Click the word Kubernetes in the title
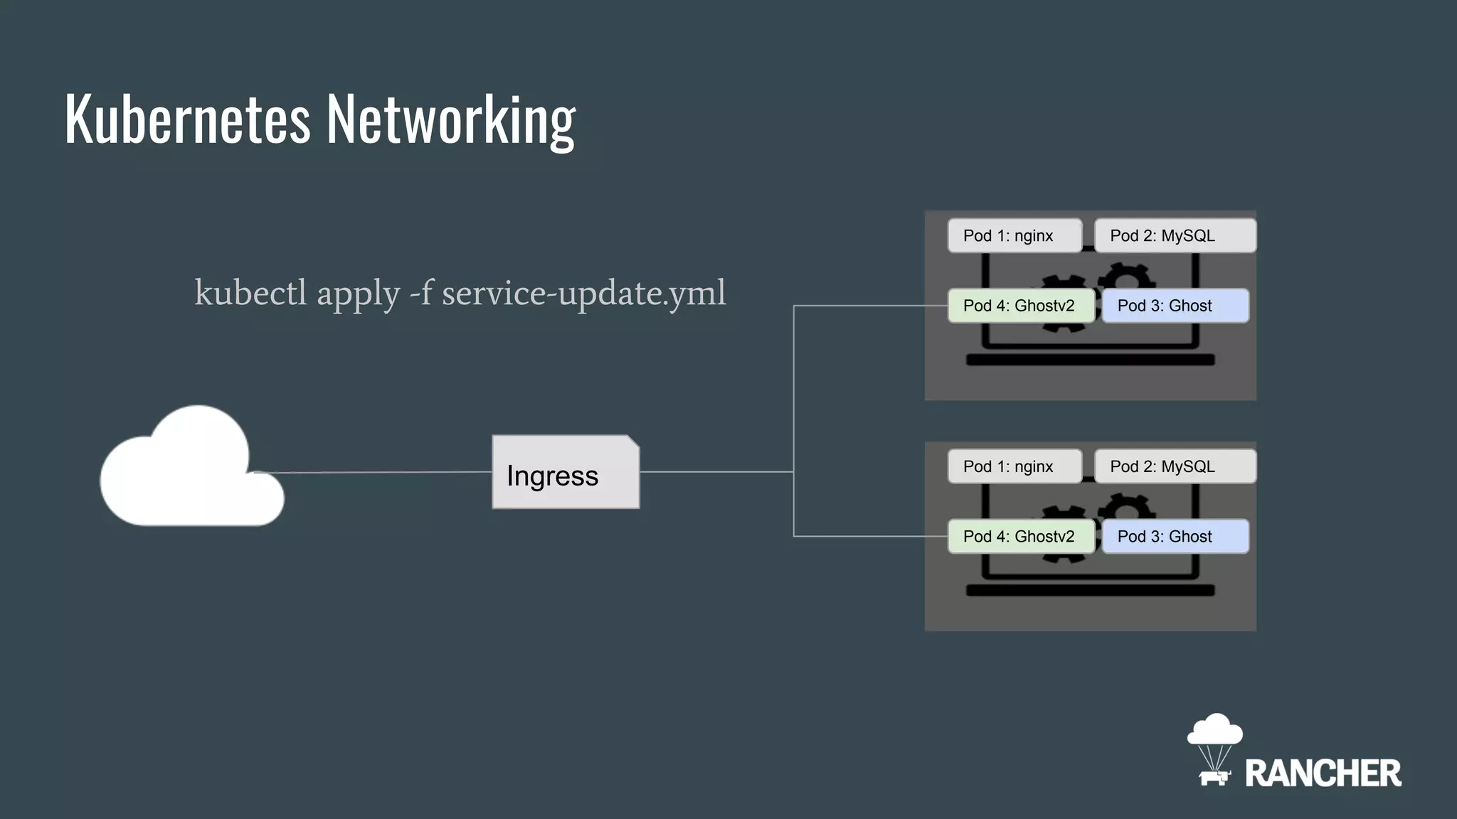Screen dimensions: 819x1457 tap(188, 119)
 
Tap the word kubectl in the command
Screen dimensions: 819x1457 tap(250, 293)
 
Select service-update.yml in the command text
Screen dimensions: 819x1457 tap(583, 293)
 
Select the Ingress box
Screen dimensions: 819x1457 tap(566, 473)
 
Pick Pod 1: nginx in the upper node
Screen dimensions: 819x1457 tap(1014, 235)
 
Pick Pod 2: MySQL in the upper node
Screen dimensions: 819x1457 tap(1175, 235)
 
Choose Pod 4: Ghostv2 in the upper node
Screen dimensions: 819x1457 tap(1021, 306)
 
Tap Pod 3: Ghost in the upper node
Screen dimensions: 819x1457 tap(1175, 306)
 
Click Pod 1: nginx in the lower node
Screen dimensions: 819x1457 tap(1014, 466)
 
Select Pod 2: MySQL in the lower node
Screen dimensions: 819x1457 tap(1175, 466)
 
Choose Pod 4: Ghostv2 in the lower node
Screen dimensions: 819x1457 tap(1021, 537)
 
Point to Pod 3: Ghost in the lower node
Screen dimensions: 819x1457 tap(1175, 537)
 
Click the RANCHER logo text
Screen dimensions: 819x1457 tap(1323, 773)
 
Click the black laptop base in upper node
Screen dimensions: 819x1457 tap(1090, 360)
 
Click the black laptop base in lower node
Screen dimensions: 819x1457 tap(1090, 591)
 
